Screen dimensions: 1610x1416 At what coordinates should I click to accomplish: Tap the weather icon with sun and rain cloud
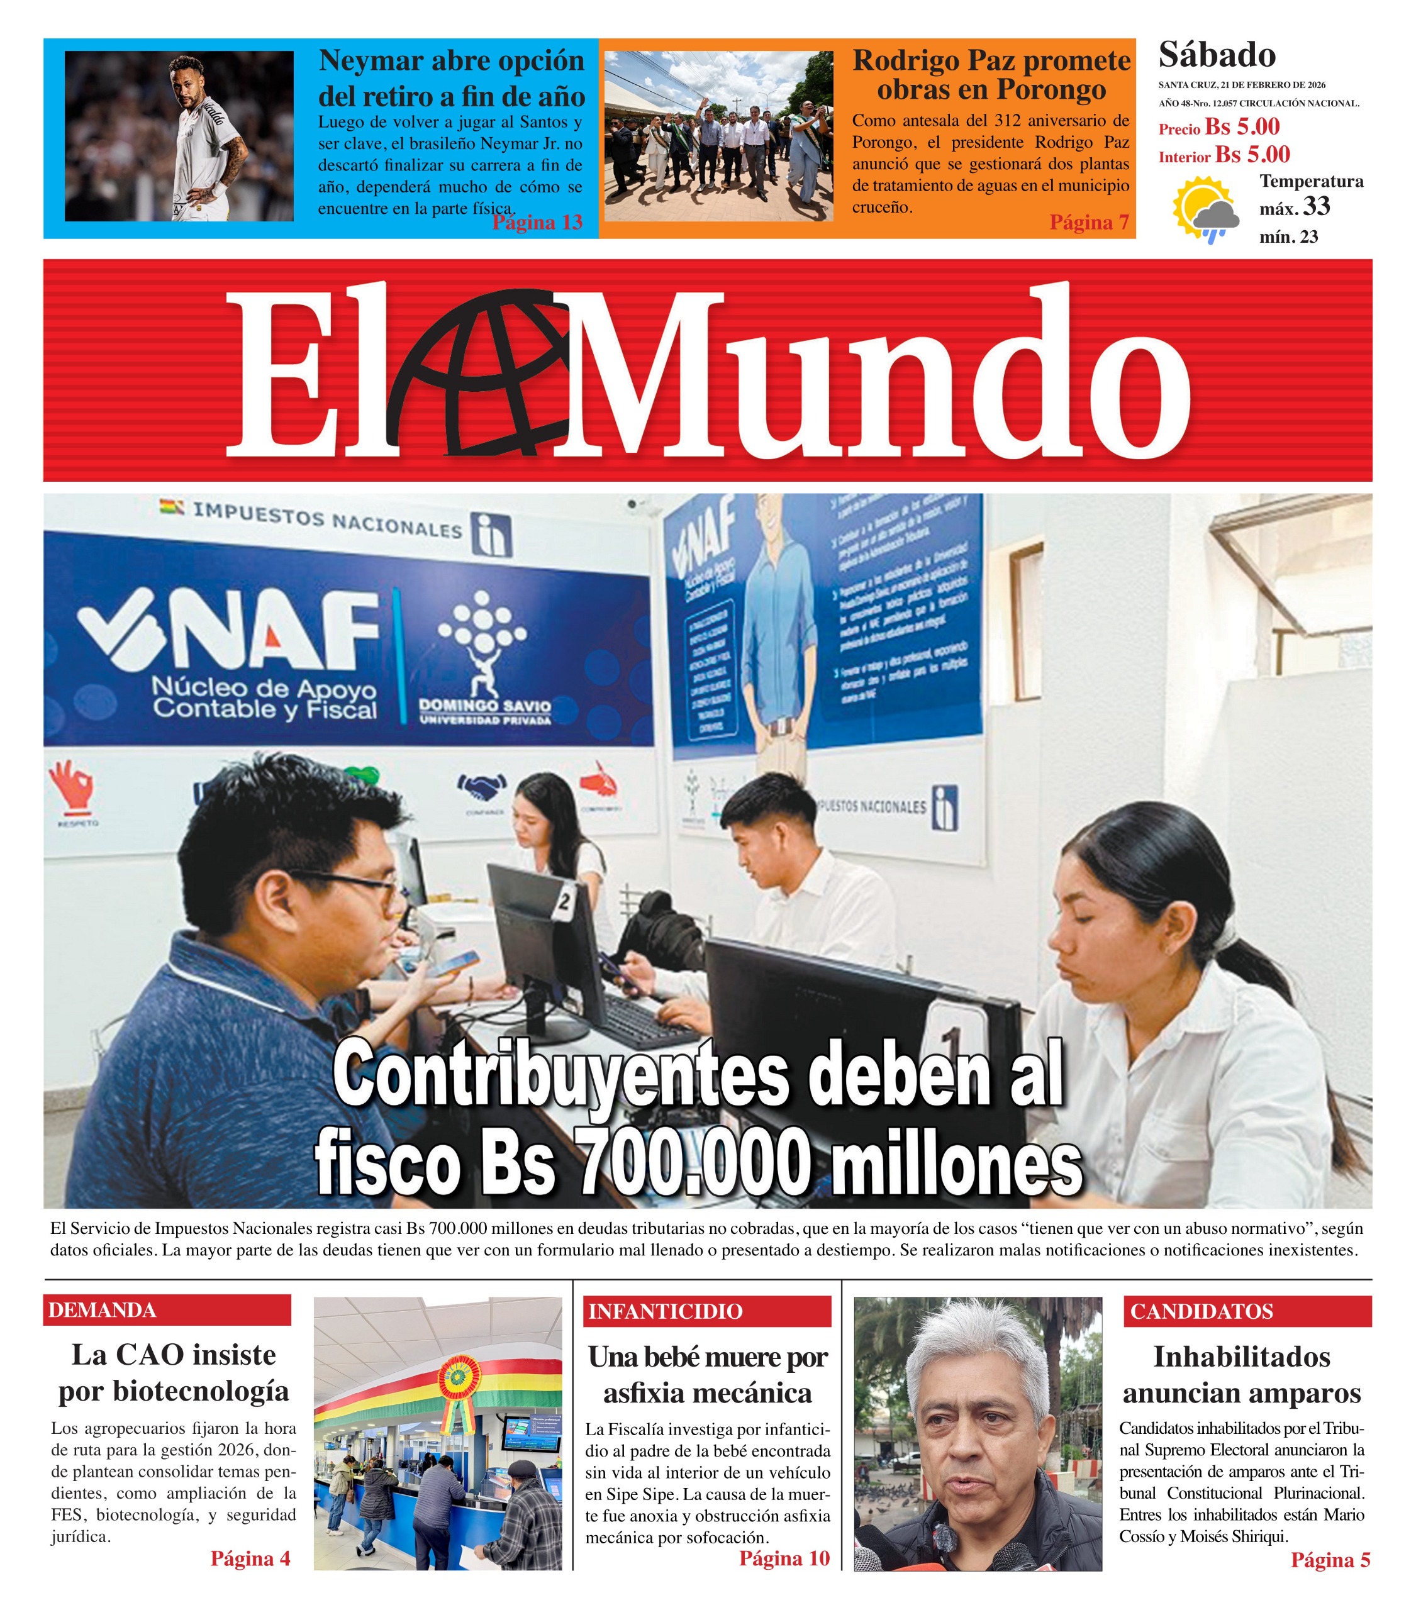[x=1205, y=209]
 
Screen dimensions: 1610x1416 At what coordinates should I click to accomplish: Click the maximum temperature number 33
[x=1316, y=206]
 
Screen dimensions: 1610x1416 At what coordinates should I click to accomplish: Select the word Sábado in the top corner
[x=1217, y=55]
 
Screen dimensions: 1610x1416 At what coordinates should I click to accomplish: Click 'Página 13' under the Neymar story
[x=537, y=222]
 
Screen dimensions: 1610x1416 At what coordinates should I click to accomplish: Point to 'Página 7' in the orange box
[x=1089, y=222]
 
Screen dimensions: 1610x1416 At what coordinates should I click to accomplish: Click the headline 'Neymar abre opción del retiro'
[x=452, y=78]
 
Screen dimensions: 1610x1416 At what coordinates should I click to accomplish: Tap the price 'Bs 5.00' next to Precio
[x=1242, y=127]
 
